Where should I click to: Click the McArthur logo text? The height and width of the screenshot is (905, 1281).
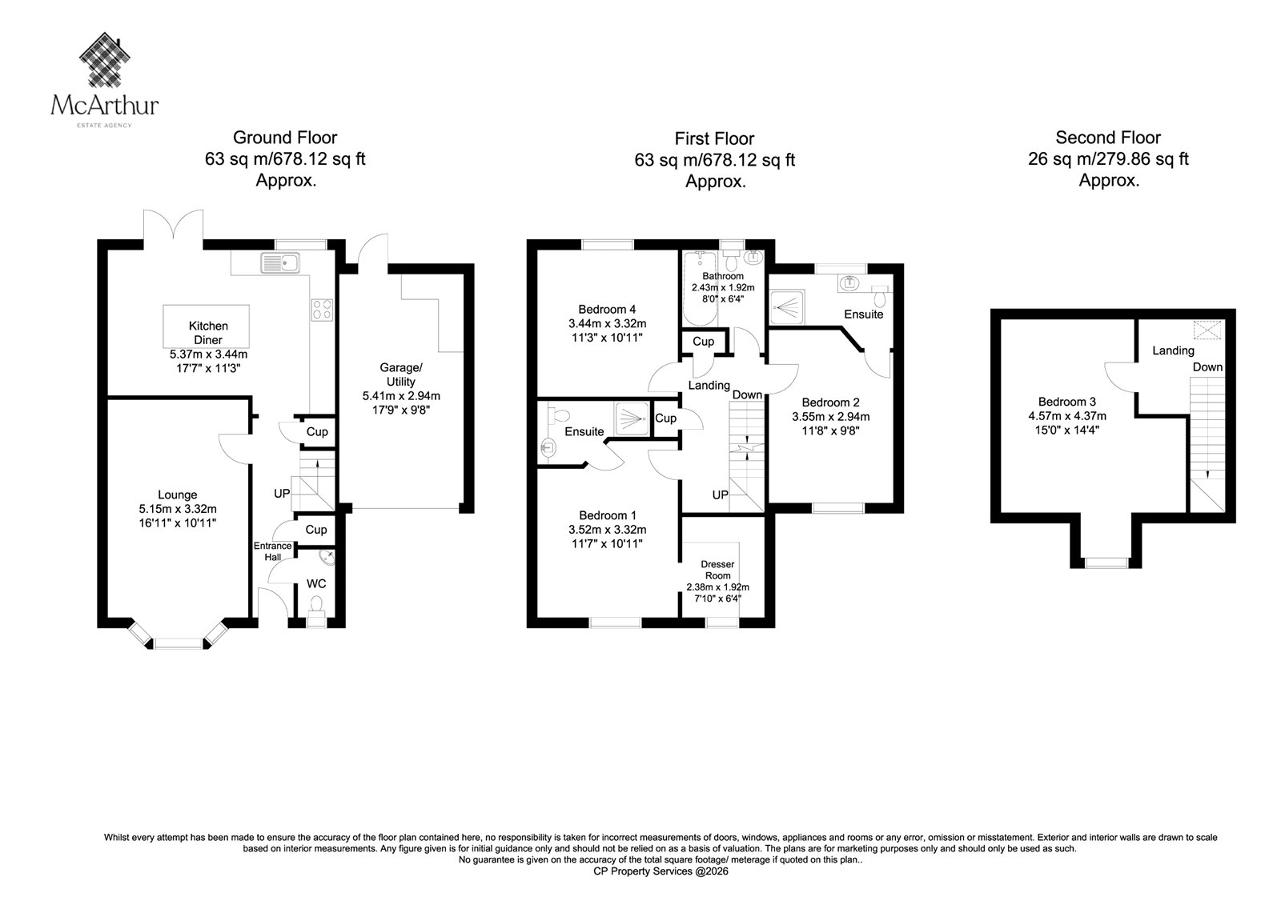point(105,106)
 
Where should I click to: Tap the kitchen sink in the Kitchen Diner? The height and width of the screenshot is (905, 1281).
point(281,263)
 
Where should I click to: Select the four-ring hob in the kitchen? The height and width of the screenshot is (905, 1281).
point(321,310)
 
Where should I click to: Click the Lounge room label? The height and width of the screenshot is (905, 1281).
point(177,495)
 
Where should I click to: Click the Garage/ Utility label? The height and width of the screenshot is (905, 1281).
point(401,374)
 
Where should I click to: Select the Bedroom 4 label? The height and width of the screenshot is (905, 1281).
point(607,310)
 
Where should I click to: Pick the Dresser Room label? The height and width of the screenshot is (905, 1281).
point(717,570)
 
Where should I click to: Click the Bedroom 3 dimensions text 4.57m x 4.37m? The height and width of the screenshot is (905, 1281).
point(1067,416)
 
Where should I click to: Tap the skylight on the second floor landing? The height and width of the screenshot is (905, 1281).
point(1207,330)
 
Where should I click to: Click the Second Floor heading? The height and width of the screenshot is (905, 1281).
point(1108,138)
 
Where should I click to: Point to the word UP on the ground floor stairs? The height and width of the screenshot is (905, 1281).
point(282,493)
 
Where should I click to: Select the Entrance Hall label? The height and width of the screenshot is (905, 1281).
point(273,551)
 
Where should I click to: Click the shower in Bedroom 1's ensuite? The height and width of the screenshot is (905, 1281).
point(632,419)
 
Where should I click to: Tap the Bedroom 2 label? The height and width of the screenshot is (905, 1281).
point(830,402)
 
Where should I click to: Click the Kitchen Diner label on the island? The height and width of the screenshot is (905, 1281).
point(208,333)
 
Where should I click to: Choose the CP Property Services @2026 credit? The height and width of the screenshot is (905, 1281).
point(661,871)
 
